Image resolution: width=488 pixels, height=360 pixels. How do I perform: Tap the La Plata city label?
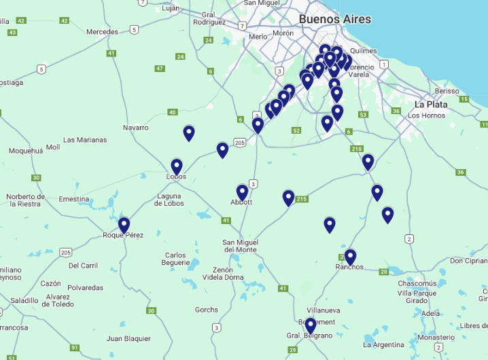(431, 105)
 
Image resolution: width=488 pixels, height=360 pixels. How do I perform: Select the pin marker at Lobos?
(177, 166)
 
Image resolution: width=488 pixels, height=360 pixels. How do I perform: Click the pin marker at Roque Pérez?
(124, 225)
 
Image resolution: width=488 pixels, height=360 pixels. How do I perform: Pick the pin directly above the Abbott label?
(242, 192)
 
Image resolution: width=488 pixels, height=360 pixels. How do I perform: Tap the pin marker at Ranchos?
(350, 257)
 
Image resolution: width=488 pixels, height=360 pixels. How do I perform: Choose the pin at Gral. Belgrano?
(310, 325)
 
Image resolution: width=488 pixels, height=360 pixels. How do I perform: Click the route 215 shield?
(302, 199)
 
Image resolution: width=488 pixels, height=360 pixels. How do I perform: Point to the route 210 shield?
(357, 149)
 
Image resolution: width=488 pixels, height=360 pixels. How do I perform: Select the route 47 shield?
(160, 69)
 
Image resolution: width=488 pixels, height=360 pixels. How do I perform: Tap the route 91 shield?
(74, 348)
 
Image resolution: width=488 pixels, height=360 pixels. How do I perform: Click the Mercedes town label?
(102, 32)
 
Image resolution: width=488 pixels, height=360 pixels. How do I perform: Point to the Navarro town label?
(136, 128)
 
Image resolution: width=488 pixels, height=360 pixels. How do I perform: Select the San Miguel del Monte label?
(240, 246)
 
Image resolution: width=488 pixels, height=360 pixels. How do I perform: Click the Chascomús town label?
(417, 283)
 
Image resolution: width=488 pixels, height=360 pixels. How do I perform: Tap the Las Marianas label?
(85, 140)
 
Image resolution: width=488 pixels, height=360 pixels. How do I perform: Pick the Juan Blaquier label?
(128, 338)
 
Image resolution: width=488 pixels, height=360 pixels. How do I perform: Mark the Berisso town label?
(447, 91)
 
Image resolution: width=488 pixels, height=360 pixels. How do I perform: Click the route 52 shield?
(296, 130)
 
